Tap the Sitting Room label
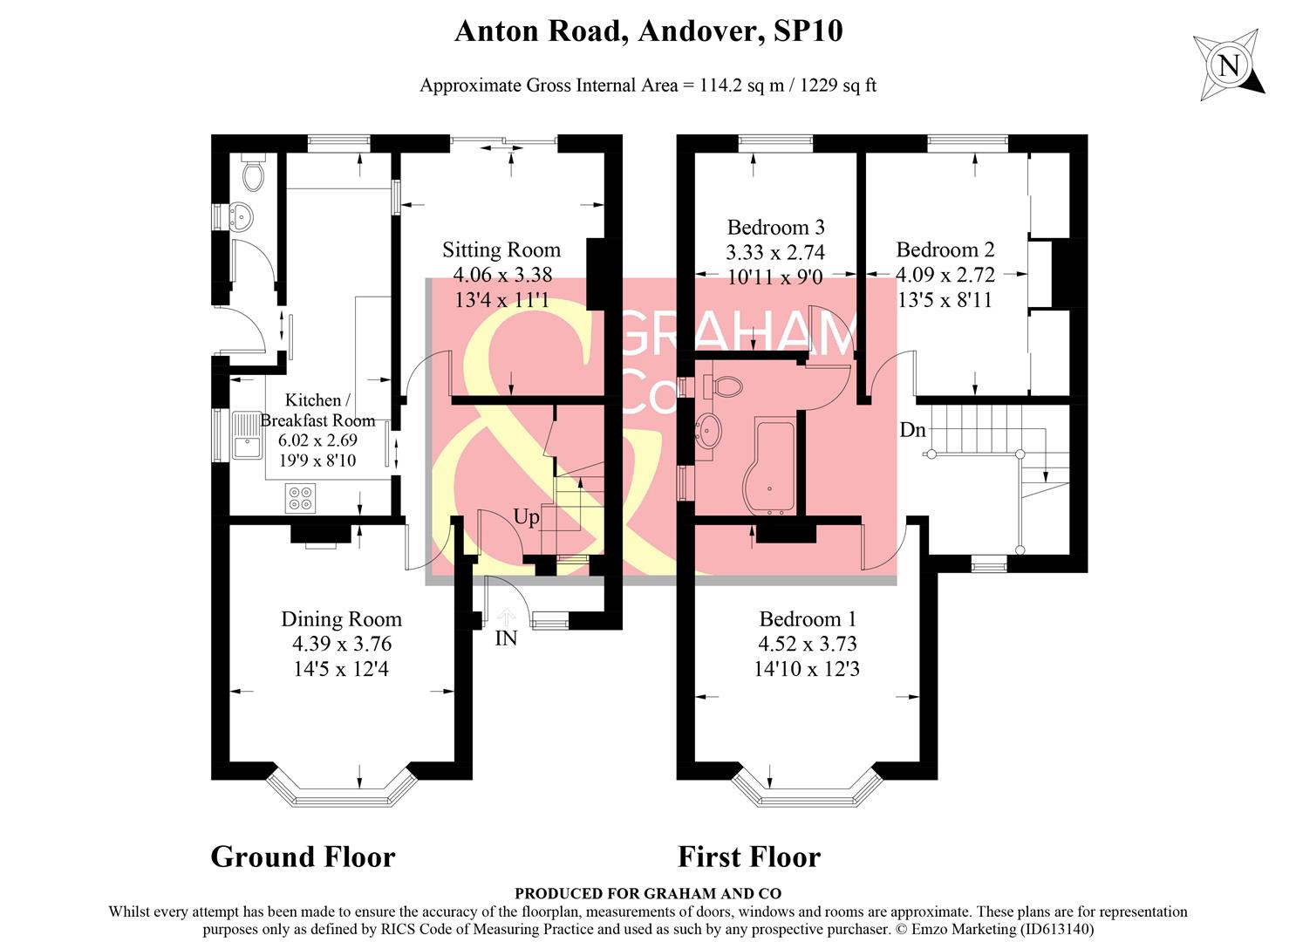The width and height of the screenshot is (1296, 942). click(501, 250)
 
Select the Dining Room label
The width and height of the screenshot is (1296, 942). click(341, 619)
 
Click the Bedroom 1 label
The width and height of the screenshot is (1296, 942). click(808, 619)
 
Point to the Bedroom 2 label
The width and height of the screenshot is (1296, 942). click(945, 250)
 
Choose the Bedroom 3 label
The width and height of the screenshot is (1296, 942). click(775, 228)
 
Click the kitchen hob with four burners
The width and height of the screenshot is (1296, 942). click(300, 498)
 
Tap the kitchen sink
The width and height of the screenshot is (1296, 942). click(248, 435)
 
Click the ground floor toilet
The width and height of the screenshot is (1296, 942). click(253, 174)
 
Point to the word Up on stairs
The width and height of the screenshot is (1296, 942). click(526, 517)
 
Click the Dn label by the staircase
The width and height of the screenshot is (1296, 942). click(912, 430)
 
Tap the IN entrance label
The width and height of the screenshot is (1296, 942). click(506, 638)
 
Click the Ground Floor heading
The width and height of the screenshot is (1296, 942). click(303, 857)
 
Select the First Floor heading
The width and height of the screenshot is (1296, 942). click(748, 857)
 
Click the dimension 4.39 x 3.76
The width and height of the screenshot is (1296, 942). click(341, 644)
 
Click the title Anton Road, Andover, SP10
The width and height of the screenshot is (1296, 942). click(648, 31)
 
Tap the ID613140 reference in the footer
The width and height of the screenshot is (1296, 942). click(1056, 929)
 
